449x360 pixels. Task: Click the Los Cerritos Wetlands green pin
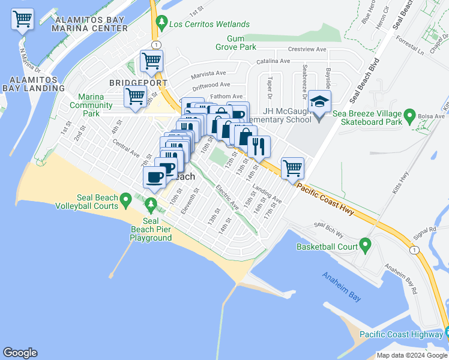161,23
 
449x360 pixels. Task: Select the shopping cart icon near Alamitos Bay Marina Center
22,19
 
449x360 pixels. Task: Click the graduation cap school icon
319,102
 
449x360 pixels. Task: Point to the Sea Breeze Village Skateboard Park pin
410,114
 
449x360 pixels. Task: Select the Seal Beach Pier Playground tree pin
151,208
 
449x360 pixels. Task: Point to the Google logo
20,353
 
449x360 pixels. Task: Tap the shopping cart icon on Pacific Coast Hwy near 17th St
292,168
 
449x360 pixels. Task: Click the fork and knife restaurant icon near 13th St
259,146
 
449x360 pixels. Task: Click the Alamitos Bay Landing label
34,83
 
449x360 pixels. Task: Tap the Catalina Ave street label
273,61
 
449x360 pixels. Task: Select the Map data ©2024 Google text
412,355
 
